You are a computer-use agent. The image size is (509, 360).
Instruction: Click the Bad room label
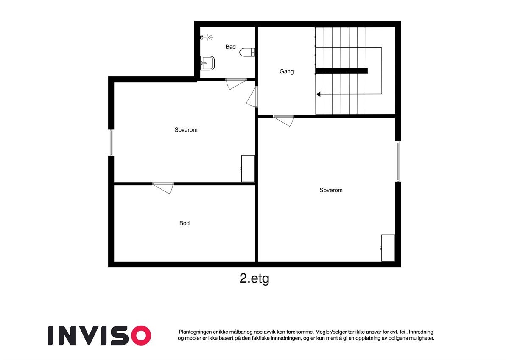click(230, 47)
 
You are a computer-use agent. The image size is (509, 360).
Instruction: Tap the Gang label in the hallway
click(286, 72)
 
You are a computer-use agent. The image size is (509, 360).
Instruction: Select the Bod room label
click(184, 223)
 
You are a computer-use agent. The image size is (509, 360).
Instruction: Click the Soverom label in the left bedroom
click(186, 130)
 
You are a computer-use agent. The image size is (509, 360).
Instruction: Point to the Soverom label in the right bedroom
click(331, 191)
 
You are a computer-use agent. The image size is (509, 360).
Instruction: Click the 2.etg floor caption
click(254, 279)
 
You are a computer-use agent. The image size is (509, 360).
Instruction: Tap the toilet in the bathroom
click(247, 52)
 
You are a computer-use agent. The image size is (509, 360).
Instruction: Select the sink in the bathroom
click(207, 63)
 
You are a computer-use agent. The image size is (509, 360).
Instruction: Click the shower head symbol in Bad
click(206, 38)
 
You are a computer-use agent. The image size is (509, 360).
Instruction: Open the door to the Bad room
click(236, 83)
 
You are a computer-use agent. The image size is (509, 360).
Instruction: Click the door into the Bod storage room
click(164, 187)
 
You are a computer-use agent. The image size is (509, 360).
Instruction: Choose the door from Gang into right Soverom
click(284, 120)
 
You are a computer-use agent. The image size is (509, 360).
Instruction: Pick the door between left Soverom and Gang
click(253, 97)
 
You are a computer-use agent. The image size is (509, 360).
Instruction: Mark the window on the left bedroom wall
click(111, 143)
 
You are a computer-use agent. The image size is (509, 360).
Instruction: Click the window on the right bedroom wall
click(398, 161)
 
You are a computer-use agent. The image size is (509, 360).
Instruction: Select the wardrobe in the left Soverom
click(248, 169)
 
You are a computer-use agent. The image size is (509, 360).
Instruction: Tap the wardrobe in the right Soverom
click(388, 248)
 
